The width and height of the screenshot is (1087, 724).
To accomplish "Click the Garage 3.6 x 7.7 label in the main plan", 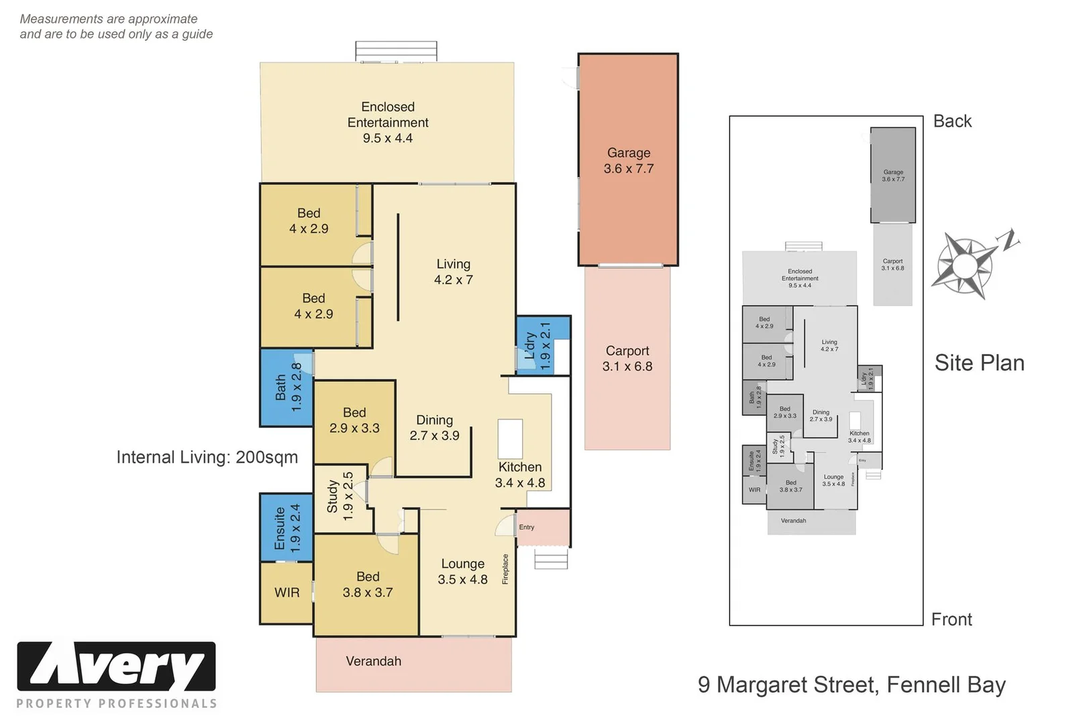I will coord(628,161).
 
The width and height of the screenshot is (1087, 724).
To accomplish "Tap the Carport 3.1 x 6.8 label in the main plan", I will coord(627,359).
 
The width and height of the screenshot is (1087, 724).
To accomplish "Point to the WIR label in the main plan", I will coord(287,593).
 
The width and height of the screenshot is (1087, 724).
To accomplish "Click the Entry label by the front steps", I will coord(527,528).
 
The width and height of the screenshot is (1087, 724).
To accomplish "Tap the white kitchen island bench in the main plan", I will coord(510,439).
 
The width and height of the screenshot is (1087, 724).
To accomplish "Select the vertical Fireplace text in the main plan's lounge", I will coord(505,569).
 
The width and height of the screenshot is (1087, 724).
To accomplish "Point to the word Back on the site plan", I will coord(952,121).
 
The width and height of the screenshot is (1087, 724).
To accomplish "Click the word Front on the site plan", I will coord(951,619).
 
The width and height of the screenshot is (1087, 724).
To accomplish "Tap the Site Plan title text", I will coord(979,363).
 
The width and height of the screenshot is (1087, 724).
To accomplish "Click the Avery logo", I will coord(116,667).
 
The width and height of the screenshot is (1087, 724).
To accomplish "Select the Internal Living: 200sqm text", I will coord(207,457).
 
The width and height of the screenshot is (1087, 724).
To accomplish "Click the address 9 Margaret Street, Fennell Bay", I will coord(851,684).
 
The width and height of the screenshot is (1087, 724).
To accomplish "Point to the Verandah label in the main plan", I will coord(373,662).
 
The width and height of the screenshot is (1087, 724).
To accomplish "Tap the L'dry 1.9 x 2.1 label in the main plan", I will coord(537,346).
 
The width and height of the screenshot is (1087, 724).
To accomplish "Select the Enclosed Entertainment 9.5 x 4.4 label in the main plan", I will coord(387,123).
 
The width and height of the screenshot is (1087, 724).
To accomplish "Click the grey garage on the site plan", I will coord(893,175).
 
